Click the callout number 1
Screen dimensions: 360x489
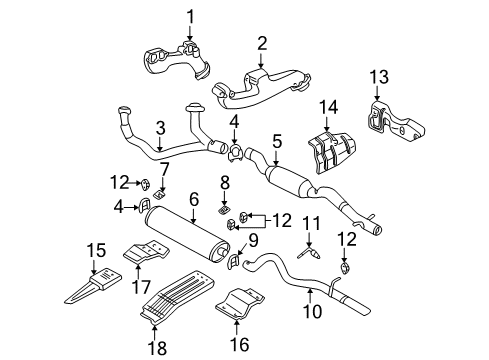coord(189,15)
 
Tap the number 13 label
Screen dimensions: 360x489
coord(377,76)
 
